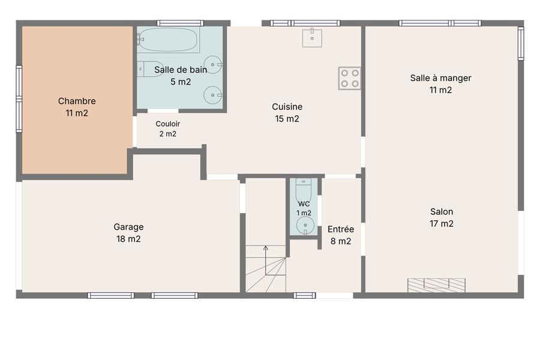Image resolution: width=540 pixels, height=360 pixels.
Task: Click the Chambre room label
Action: point(77,101)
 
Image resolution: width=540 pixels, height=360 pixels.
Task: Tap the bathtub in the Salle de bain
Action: point(169,40)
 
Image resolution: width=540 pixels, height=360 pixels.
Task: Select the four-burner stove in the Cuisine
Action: point(349,78)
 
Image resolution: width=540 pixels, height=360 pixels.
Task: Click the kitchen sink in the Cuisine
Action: point(312,38)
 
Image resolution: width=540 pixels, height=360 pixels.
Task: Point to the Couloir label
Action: point(168,124)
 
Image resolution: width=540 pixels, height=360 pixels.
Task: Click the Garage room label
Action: point(128,227)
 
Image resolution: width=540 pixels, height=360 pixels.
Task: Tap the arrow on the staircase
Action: point(266,260)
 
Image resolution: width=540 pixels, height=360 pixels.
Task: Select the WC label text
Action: point(304,204)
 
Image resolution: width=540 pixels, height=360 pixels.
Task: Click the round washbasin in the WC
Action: point(305,226)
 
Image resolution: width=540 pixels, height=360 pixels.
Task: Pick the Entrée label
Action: point(341,229)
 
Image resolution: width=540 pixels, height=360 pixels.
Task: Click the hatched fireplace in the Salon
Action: point(436,285)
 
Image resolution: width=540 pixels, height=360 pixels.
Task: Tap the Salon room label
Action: point(442,212)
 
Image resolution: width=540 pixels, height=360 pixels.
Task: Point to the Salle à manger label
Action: point(440,78)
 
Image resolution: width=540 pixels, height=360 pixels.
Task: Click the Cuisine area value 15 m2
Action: point(287,119)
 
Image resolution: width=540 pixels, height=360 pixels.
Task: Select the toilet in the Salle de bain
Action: point(149,69)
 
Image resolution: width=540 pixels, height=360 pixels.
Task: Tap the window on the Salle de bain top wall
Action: point(180,23)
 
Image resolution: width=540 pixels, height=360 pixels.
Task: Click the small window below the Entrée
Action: point(304,295)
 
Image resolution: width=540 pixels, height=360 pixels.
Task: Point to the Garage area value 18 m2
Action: point(128,239)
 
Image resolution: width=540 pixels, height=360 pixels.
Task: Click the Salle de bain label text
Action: point(181,70)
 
